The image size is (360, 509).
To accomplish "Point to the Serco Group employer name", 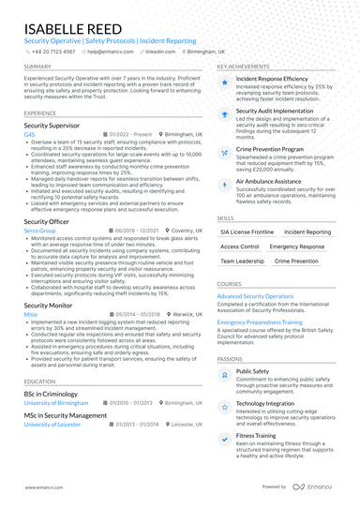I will tap(38, 230).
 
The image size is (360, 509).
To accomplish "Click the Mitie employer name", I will tap(30, 315).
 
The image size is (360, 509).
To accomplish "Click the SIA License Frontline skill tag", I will tap(247, 231).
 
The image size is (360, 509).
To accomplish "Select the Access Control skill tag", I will tap(240, 247).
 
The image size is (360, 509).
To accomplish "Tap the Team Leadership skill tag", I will tap(242, 262).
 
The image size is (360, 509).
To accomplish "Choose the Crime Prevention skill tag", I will tap(297, 262).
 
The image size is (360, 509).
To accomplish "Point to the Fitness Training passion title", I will tap(256, 436).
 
